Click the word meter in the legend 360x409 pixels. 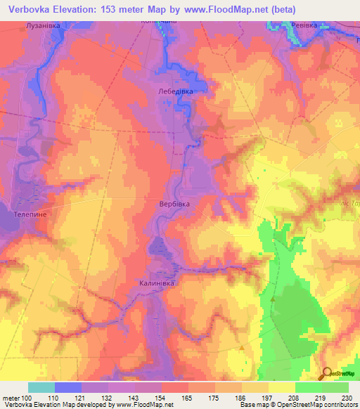(10, 398)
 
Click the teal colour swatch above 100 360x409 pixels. (41, 388)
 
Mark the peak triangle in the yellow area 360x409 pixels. (242, 347)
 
